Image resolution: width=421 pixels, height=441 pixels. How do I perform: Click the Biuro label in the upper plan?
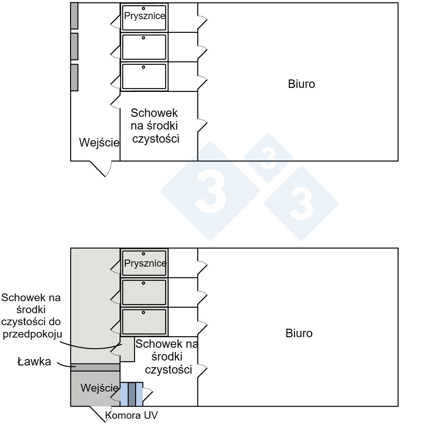(301, 84)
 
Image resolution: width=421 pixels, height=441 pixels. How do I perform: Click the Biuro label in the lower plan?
(299, 333)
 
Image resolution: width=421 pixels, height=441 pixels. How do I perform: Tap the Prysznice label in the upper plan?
(145, 16)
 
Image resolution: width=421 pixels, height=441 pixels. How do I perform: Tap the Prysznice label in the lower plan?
(145, 263)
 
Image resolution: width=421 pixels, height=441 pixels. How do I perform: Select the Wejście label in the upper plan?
(99, 143)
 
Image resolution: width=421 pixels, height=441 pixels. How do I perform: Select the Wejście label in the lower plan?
(99, 388)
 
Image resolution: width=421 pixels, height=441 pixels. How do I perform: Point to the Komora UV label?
(131, 415)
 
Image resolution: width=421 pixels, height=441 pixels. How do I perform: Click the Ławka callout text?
(34, 362)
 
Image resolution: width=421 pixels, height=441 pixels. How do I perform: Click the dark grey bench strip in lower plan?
(95, 367)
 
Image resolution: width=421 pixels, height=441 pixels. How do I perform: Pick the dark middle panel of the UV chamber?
(131, 394)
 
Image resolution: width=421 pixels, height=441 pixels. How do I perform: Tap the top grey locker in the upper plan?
(74, 16)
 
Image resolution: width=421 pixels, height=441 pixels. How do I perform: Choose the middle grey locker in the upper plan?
(74, 46)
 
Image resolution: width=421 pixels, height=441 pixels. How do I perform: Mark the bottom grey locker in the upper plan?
(74, 77)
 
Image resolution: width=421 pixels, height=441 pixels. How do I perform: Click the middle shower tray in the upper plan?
(144, 47)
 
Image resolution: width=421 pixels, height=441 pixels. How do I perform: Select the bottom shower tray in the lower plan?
(144, 322)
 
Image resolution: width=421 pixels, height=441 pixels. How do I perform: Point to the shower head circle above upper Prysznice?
(144, 8)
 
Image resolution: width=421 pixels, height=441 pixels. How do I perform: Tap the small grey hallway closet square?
(127, 349)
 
